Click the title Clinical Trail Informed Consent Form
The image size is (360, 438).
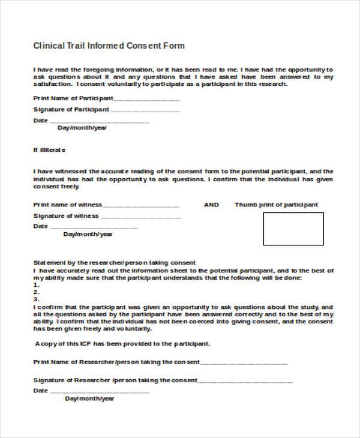(x=109, y=46)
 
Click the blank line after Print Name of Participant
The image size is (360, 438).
(x=146, y=100)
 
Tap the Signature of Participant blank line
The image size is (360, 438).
(x=145, y=111)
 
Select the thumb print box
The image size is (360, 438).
(x=293, y=229)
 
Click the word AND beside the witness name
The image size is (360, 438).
(x=211, y=205)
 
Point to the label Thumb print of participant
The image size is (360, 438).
(x=276, y=205)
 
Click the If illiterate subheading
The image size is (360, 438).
(x=49, y=149)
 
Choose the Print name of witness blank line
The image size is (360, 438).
(x=141, y=206)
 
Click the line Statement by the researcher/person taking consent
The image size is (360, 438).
(x=114, y=263)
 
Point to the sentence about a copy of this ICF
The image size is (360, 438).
(x=122, y=344)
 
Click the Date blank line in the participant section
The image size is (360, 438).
(x=99, y=122)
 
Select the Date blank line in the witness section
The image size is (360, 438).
(x=94, y=228)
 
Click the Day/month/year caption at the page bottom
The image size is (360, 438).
(x=89, y=398)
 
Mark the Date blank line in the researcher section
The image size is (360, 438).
(x=99, y=392)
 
